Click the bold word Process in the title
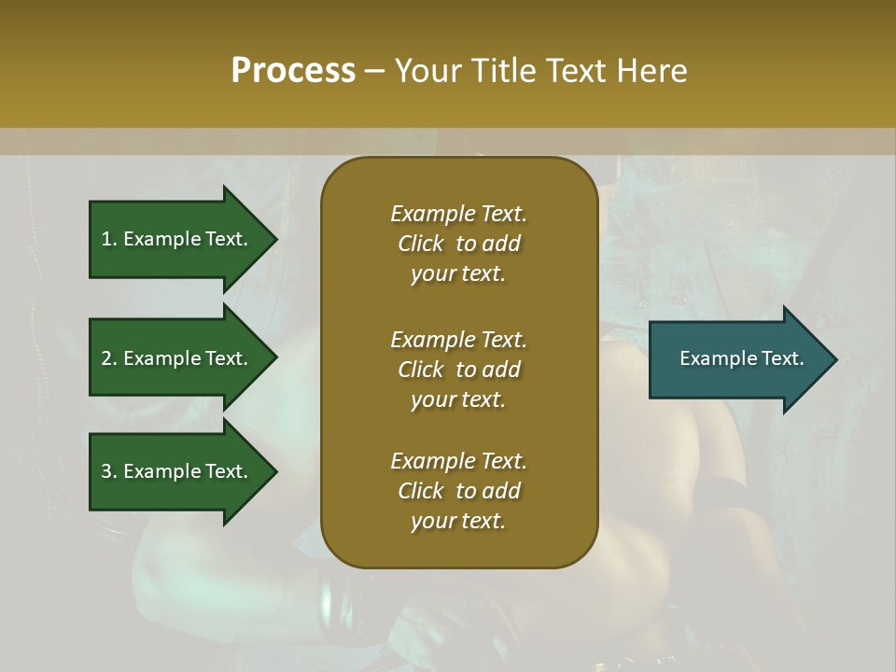pyautogui.click(x=293, y=71)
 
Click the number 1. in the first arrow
pyautogui.click(x=109, y=239)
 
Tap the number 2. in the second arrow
pyautogui.click(x=109, y=358)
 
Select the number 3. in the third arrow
pyautogui.click(x=109, y=471)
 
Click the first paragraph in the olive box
pyautogui.click(x=458, y=244)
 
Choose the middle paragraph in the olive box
pyautogui.click(x=458, y=370)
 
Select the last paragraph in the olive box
pyautogui.click(x=458, y=491)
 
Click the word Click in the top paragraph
pyautogui.click(x=421, y=244)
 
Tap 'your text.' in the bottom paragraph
pyautogui.click(x=458, y=521)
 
